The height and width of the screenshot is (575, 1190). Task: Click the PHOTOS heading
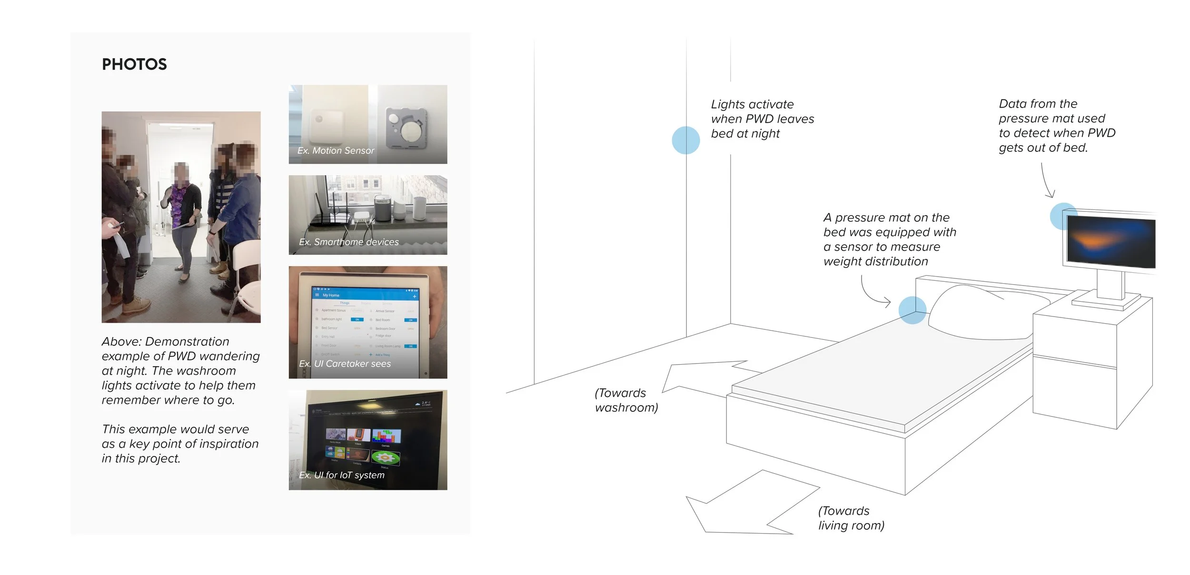(x=134, y=64)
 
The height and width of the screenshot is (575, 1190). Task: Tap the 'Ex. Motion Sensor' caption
(x=336, y=150)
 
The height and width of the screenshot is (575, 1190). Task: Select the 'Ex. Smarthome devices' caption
(x=349, y=242)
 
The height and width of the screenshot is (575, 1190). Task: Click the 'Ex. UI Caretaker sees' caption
(x=345, y=364)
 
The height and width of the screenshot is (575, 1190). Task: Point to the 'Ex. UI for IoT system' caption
(x=342, y=475)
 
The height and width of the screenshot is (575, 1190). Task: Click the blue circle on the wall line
(x=685, y=140)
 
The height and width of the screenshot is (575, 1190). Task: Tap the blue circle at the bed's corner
(x=912, y=310)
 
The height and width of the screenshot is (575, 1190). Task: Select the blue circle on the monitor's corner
(x=1063, y=216)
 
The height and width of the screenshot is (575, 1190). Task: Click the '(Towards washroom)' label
(x=626, y=400)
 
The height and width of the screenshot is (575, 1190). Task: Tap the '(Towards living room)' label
(x=851, y=518)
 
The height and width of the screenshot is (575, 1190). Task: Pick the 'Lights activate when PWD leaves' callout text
(x=762, y=119)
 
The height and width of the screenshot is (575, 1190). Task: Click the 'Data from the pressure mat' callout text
(x=1057, y=126)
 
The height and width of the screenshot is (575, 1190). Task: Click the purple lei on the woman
(x=180, y=205)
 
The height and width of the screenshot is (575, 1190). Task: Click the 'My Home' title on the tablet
(x=331, y=295)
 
